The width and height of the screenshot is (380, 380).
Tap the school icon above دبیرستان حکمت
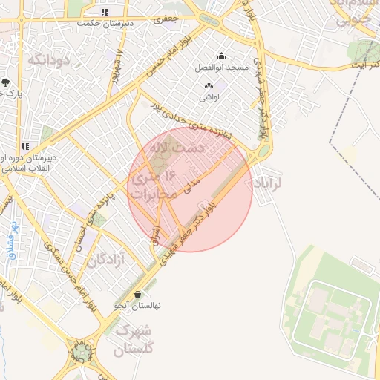[x=105, y=12]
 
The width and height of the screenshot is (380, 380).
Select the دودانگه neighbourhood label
[x=50, y=59]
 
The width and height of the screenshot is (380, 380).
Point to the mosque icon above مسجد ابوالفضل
[x=220, y=56]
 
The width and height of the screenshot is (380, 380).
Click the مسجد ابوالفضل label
[x=221, y=68]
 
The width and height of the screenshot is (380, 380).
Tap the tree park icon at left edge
[x=6, y=82]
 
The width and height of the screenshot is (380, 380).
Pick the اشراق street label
[x=156, y=235]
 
